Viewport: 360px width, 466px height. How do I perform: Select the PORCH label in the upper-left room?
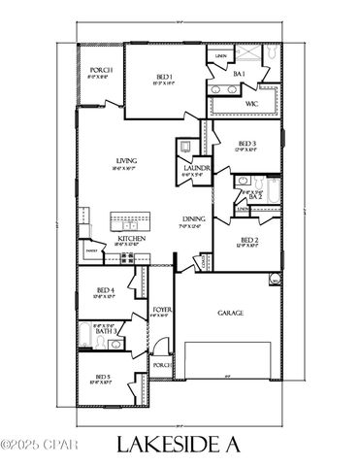(x=101, y=71)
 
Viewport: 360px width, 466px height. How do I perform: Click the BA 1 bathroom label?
(x=238, y=74)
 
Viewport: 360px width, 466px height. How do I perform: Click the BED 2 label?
(x=248, y=240)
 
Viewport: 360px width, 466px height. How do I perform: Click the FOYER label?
(x=162, y=309)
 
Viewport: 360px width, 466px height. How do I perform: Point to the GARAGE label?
(x=230, y=314)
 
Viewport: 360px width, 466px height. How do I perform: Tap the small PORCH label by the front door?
(x=161, y=364)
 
